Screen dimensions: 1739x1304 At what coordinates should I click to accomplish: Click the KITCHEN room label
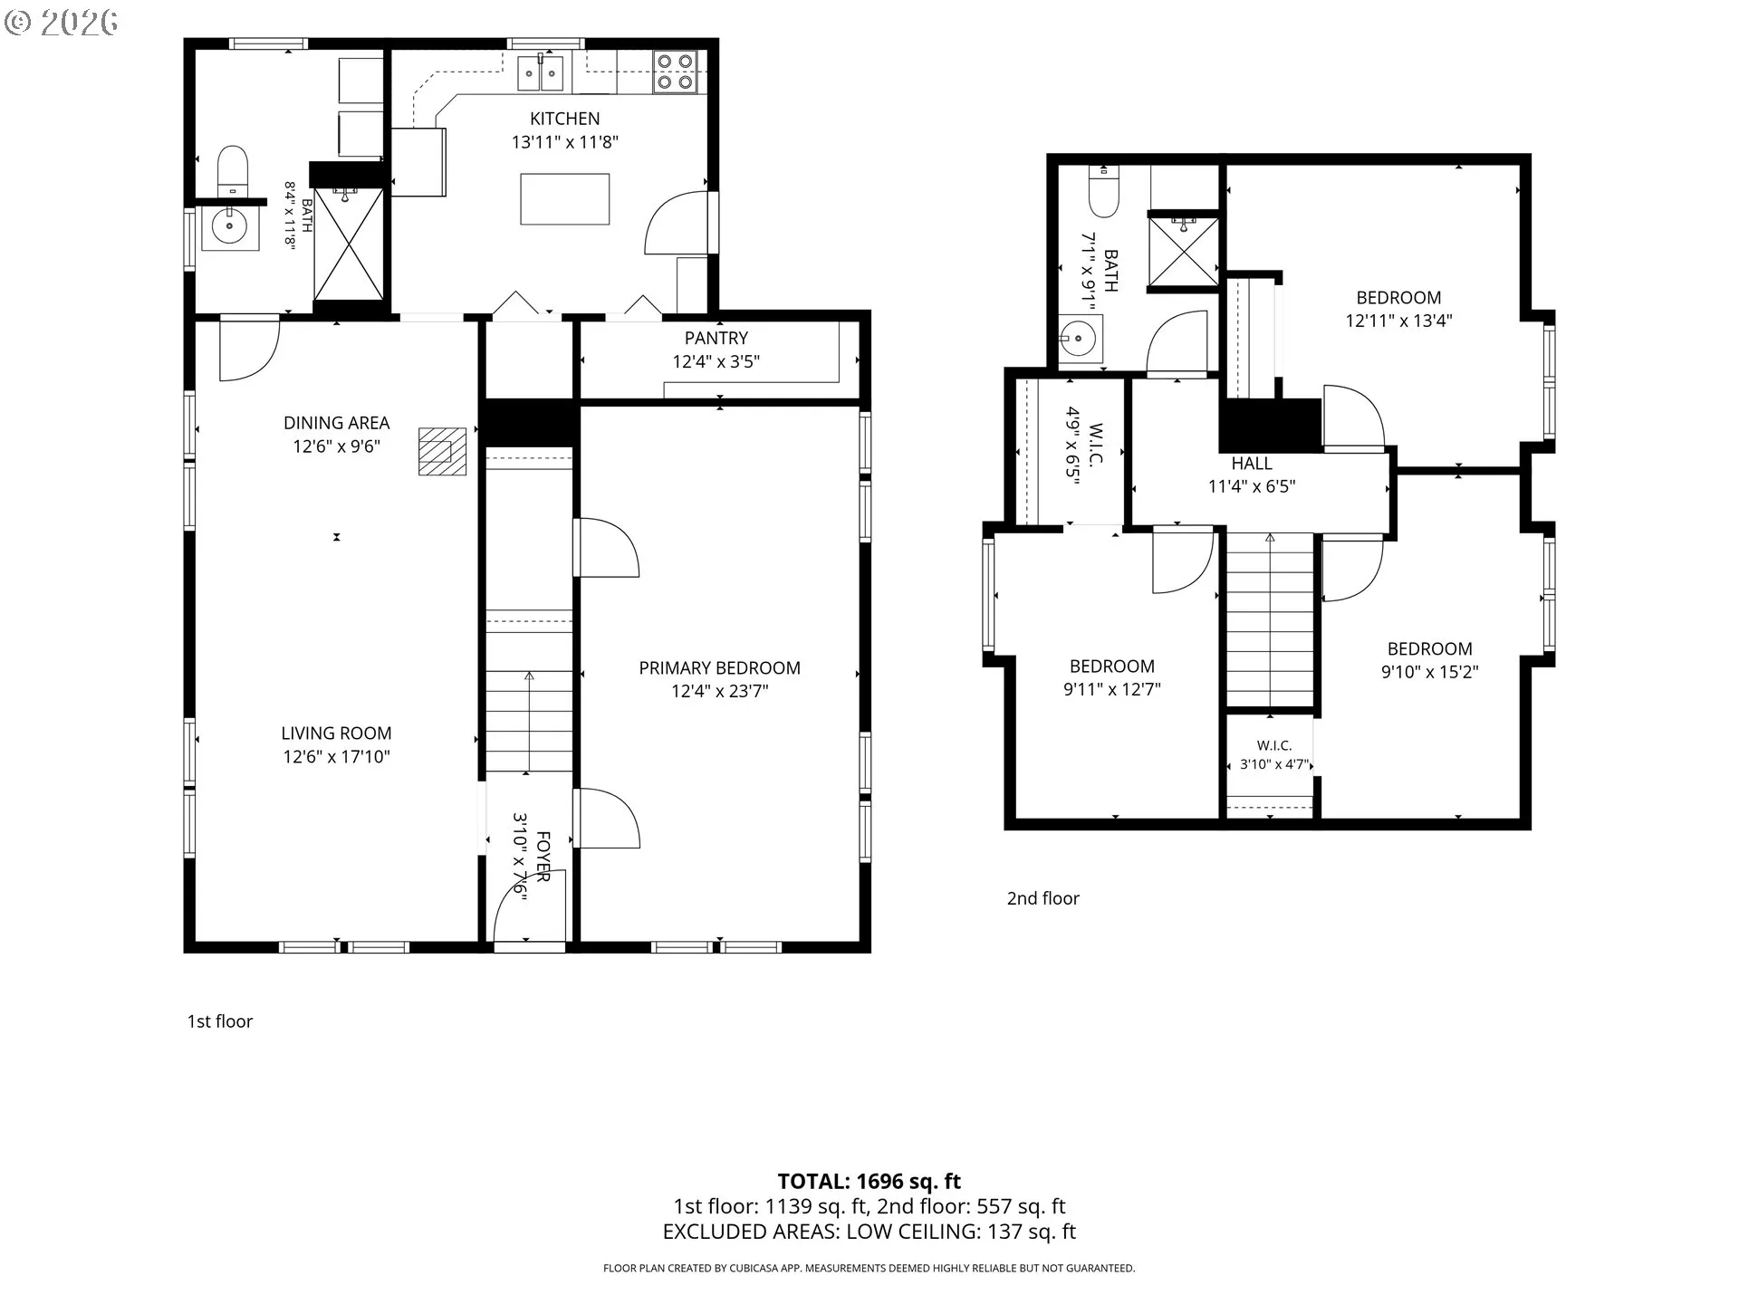click(x=564, y=119)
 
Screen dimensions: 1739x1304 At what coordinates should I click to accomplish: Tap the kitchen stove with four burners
click(x=675, y=72)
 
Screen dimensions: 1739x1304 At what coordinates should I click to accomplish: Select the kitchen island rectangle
click(x=564, y=198)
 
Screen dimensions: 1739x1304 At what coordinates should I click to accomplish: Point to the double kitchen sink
click(x=542, y=72)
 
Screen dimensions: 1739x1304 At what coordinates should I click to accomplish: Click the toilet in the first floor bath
click(x=233, y=171)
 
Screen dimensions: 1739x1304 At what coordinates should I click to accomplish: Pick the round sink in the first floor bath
click(x=229, y=226)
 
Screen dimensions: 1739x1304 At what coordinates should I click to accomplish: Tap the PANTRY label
click(x=716, y=338)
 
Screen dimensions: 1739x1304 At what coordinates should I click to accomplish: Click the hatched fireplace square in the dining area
click(x=442, y=451)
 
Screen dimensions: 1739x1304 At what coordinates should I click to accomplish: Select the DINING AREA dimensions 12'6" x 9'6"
click(x=336, y=446)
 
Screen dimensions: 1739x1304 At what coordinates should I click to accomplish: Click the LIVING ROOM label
click(x=336, y=733)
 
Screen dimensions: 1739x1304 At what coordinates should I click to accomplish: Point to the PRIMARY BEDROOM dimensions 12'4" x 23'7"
click(x=719, y=692)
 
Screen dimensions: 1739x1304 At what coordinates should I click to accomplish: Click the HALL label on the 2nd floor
click(x=1252, y=464)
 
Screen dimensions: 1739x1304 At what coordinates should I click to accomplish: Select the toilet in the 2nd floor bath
click(x=1104, y=189)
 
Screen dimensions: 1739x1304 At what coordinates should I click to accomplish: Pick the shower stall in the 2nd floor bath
click(x=1183, y=251)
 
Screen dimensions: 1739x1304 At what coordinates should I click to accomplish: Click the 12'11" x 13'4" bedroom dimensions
click(x=1398, y=321)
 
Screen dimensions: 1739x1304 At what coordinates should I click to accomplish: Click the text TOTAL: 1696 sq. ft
click(x=869, y=1182)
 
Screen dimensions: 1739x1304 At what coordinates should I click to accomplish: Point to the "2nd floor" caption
click(x=1043, y=898)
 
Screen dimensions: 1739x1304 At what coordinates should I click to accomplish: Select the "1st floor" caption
click(x=220, y=1021)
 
